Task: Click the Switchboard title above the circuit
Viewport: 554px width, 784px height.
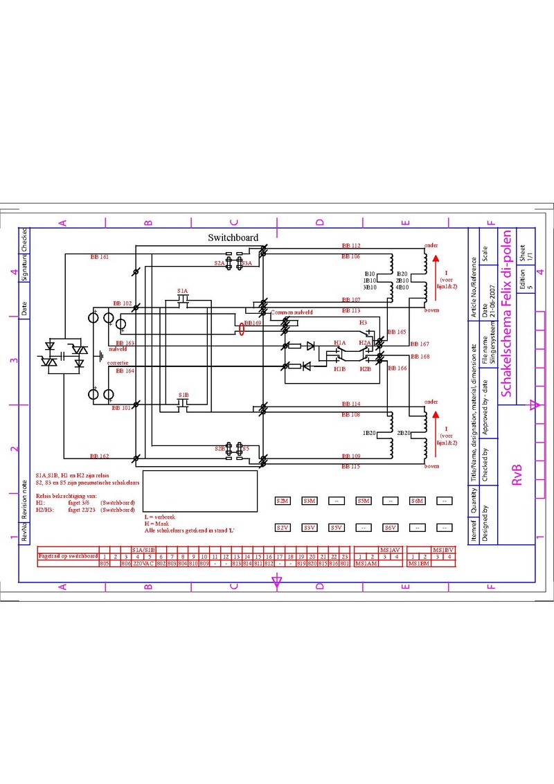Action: pos(233,238)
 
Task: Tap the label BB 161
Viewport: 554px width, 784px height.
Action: pos(100,257)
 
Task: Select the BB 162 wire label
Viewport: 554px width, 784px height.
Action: pos(100,456)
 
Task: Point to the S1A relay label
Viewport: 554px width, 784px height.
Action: pos(182,291)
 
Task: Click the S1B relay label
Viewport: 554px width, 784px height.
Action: pos(184,395)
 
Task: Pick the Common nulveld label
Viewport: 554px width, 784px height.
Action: pos(292,312)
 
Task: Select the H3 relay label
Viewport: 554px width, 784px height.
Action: pos(362,323)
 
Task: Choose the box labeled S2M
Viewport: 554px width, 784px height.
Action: pos(283,501)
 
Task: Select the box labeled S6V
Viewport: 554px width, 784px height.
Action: pos(391,528)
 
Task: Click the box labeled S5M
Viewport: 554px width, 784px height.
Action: pos(364,501)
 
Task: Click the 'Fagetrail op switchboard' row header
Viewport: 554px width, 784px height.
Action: pos(67,556)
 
